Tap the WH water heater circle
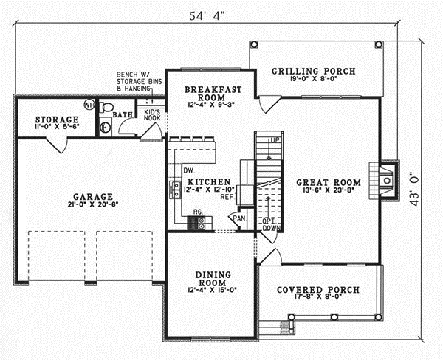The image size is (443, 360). tap(89, 104)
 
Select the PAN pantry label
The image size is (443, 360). tap(239, 218)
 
